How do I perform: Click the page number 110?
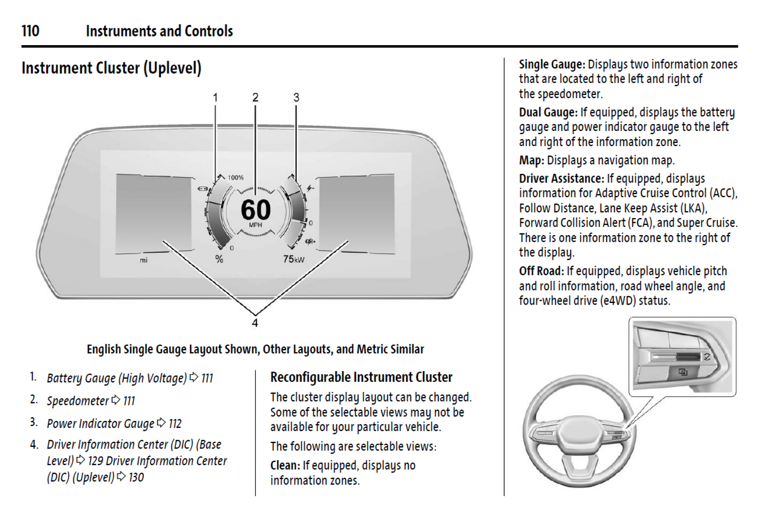31,31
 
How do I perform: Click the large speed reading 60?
256,209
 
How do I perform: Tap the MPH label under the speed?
256,225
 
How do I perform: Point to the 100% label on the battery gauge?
236,178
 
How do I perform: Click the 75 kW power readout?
293,259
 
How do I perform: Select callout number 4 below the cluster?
255,323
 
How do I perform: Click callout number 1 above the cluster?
215,97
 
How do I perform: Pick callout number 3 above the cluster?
296,97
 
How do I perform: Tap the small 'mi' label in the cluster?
143,260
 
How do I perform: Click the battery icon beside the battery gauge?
202,188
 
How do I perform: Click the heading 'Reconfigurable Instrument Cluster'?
361,377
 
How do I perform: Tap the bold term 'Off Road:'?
541,271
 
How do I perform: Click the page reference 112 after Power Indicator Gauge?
175,424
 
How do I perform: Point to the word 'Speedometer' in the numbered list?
78,401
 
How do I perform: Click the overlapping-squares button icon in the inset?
683,372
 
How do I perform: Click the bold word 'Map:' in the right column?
532,160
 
